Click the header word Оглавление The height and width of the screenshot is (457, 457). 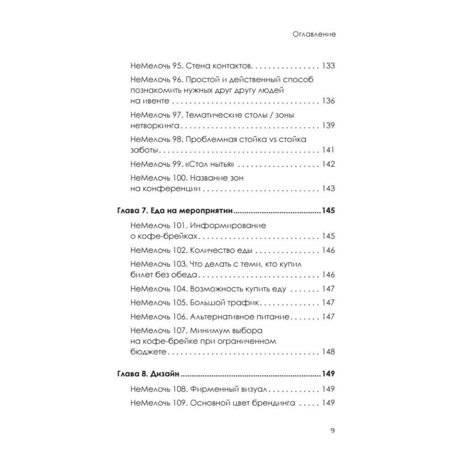314,35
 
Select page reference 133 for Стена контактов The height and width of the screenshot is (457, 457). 329,65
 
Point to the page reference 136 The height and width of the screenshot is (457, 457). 329,101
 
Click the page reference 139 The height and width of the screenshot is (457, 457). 329,126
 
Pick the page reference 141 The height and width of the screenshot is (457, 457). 329,150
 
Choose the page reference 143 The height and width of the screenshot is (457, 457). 329,188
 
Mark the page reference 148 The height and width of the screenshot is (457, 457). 329,352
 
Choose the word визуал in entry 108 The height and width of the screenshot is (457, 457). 253,390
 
